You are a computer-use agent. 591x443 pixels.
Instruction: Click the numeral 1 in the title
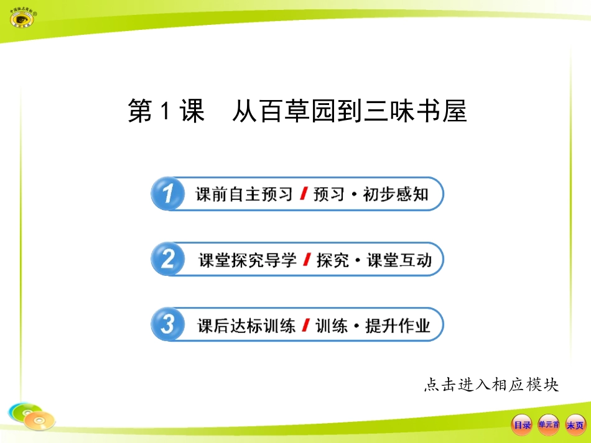[x=165, y=112]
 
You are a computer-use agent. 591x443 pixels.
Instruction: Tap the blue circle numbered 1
[x=167, y=194]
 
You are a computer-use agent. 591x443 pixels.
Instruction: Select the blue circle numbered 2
[x=167, y=259]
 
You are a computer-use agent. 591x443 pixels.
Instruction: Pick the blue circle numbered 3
[x=167, y=324]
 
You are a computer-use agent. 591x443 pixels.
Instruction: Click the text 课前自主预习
[x=244, y=194]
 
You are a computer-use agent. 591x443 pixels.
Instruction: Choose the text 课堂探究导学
[x=247, y=260]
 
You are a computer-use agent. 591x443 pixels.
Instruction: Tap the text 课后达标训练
[x=246, y=325]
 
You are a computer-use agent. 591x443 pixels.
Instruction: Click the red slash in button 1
[x=303, y=194]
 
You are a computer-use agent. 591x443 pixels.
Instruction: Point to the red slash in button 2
[x=306, y=260]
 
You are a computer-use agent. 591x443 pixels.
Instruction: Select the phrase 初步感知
[x=396, y=194]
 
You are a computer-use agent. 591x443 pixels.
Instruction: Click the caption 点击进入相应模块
[x=491, y=385]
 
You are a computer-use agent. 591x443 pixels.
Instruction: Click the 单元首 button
[x=549, y=425]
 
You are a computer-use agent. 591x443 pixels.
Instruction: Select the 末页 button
[x=575, y=425]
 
